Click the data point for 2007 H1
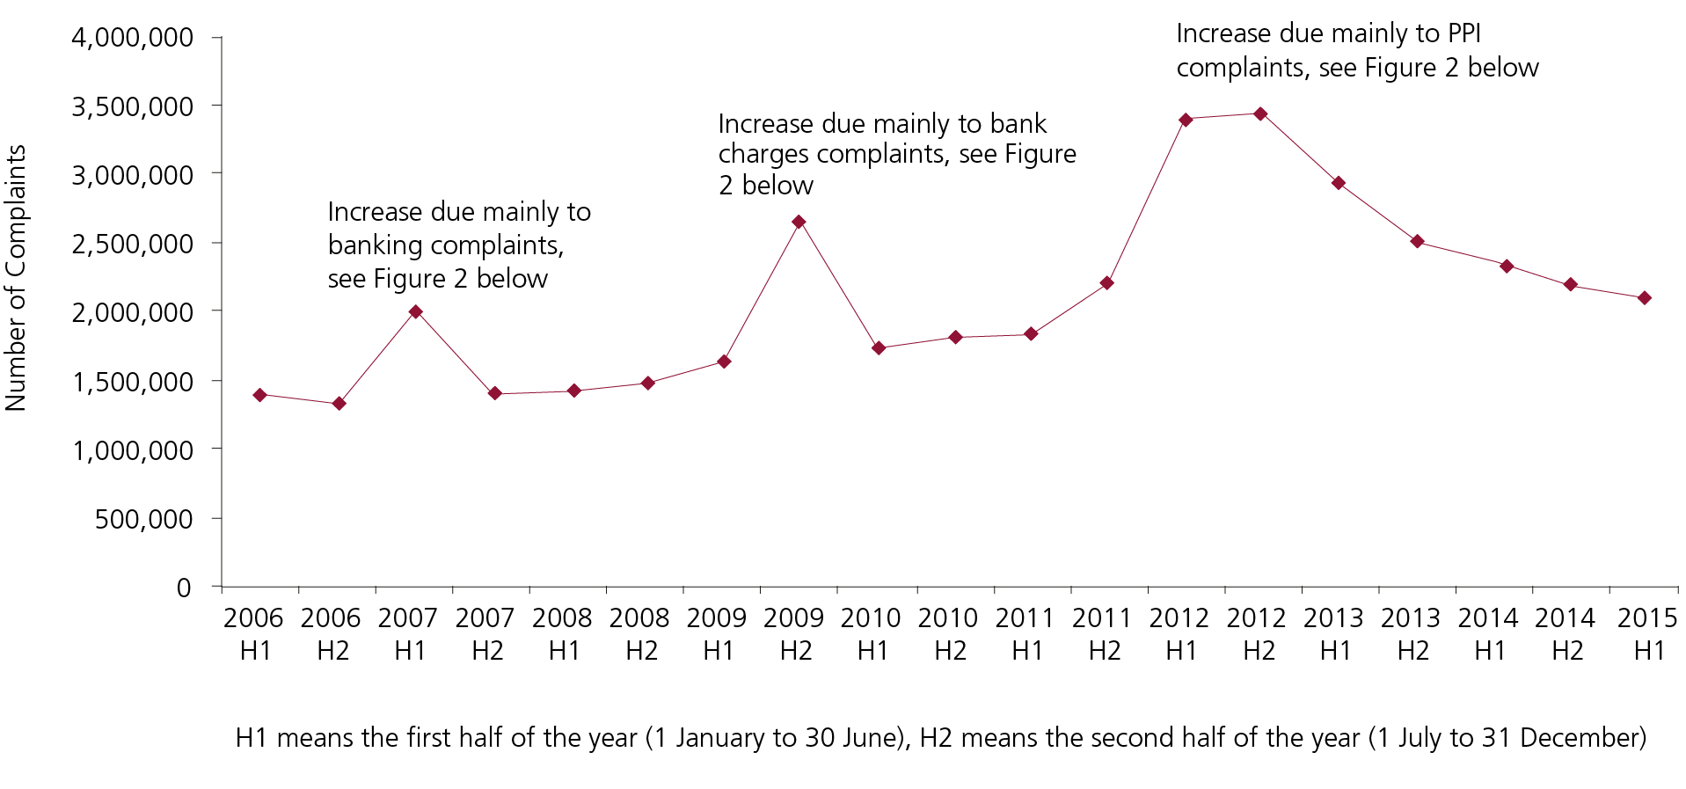click(x=416, y=311)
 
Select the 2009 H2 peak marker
click(x=799, y=222)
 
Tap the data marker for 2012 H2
click(x=1260, y=113)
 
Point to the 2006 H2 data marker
click(x=339, y=404)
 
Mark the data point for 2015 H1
click(x=1645, y=298)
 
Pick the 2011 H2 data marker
click(x=1107, y=283)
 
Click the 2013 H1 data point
click(x=1339, y=183)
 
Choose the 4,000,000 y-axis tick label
click(x=132, y=38)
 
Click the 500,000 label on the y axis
click(x=143, y=519)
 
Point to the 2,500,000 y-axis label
click(x=132, y=244)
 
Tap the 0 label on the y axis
click(x=183, y=588)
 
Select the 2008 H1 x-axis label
click(x=562, y=634)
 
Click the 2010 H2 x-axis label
click(x=948, y=634)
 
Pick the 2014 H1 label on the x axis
click(x=1488, y=634)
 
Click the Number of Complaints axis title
click(x=16, y=278)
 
